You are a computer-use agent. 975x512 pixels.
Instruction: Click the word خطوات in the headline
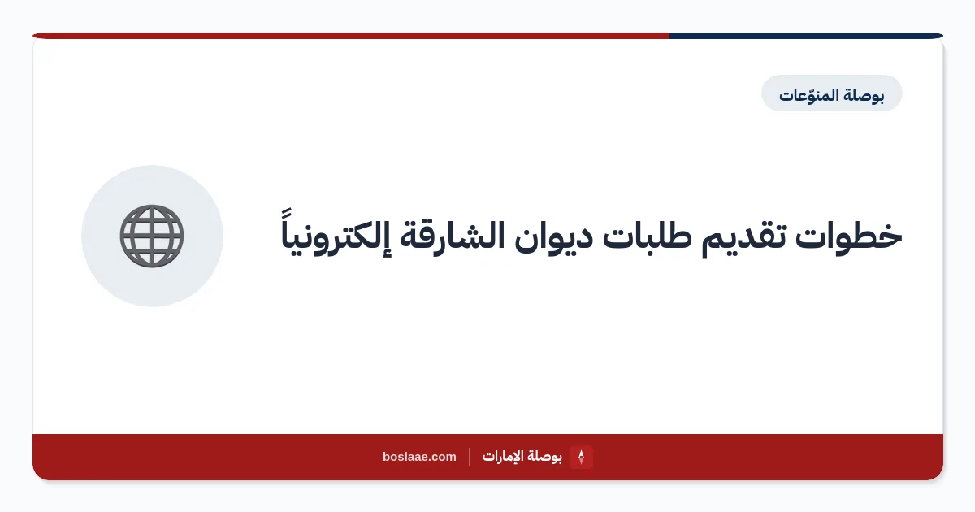(x=849, y=236)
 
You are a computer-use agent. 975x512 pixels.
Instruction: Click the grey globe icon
(x=152, y=236)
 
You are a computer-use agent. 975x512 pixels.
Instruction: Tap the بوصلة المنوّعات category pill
(x=831, y=93)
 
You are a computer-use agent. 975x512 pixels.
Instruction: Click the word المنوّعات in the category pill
(x=808, y=95)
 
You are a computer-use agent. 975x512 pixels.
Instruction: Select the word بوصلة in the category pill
(x=864, y=95)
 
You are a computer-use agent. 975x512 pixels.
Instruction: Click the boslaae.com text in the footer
(x=419, y=457)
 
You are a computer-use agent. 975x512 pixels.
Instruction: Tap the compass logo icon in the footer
(x=581, y=457)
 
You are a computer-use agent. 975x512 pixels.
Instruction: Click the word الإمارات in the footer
(x=502, y=457)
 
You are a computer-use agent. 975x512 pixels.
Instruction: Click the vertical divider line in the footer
(x=470, y=457)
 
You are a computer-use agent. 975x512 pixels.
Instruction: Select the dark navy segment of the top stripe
(x=806, y=36)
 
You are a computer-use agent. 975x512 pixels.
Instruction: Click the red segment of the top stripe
(x=351, y=36)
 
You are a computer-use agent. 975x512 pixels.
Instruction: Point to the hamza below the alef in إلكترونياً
(x=386, y=254)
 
